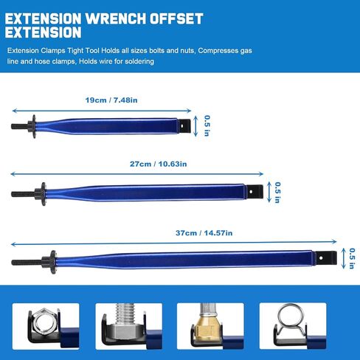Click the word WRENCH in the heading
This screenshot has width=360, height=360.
pos(116,18)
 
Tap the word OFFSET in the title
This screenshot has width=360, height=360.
pos(176,18)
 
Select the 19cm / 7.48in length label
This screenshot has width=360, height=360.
pos(111,100)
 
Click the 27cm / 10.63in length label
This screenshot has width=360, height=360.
pos(158,164)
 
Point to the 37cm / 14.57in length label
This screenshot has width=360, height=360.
pos(204,233)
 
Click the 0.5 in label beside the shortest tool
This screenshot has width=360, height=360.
pos(207,125)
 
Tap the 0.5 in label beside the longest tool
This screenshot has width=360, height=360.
pos(352,258)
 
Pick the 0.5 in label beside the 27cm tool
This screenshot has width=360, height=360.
pos(277,193)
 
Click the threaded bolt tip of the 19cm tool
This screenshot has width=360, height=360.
pos(19,127)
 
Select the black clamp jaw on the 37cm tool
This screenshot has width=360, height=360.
pos(325,257)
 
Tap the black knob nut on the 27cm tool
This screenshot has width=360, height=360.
pos(41,194)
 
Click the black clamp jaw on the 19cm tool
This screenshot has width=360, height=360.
pos(184,125)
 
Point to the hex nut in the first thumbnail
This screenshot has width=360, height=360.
pos(44,322)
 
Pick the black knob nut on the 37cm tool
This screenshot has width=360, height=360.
pos(49,262)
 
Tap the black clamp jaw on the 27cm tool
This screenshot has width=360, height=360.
pos(255,192)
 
